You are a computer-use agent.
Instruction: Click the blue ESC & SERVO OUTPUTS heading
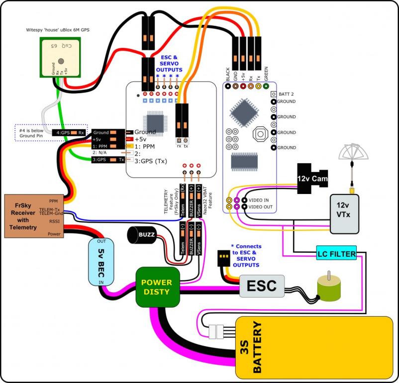pos(171,64)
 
